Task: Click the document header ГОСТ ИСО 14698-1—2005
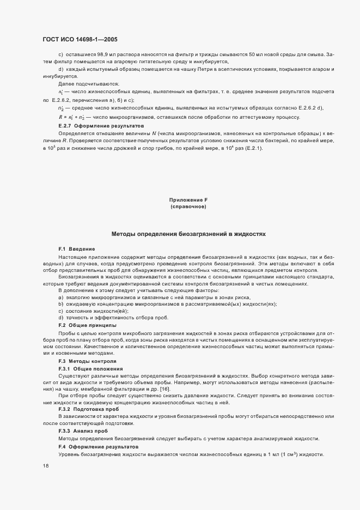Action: (x=80, y=39)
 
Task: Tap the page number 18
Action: (x=46, y=466)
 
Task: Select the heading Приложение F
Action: (x=188, y=200)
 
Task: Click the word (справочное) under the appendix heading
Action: (x=188, y=207)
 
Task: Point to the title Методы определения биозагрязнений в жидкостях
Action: (x=188, y=233)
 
